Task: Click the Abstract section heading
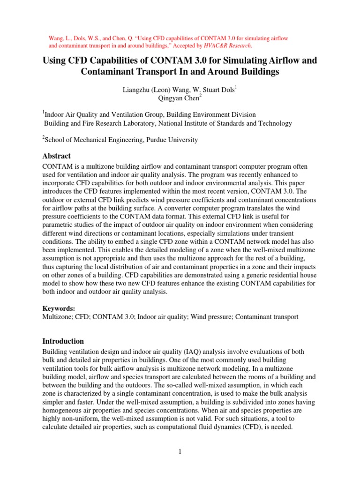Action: (57, 156)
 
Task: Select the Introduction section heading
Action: (63, 341)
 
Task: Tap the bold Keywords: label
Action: (59, 308)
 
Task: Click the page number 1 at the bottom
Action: (180, 451)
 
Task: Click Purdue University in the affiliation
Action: (170, 139)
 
